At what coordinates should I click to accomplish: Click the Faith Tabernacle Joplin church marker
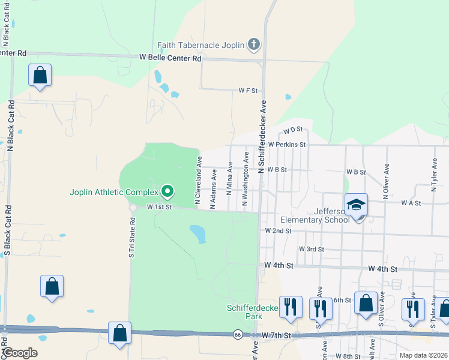[254, 45]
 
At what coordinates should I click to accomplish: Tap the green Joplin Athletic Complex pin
[167, 192]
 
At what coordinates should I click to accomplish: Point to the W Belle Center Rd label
[170, 58]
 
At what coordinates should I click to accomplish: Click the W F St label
[247, 91]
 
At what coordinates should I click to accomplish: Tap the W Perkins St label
[287, 145]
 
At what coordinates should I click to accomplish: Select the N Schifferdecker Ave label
[262, 137]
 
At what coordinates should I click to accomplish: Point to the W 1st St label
[160, 207]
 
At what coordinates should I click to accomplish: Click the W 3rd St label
[312, 249]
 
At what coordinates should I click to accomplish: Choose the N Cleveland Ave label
[197, 178]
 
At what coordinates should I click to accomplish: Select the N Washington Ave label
[245, 179]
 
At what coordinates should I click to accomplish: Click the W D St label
[292, 130]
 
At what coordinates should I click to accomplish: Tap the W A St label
[411, 203]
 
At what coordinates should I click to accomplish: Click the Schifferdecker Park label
[253, 312]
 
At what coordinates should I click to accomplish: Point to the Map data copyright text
[424, 355]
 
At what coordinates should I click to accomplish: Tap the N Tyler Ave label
[433, 172]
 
